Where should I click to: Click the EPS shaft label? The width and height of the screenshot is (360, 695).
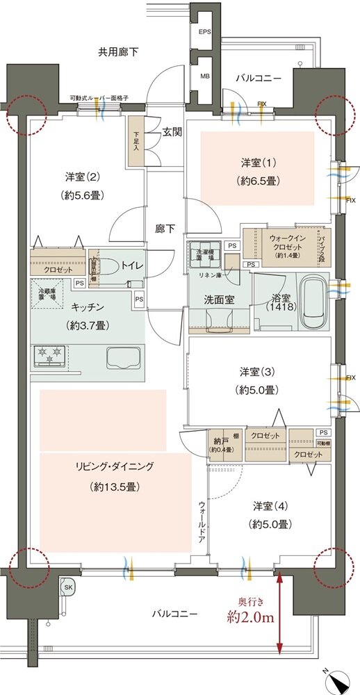point(204,32)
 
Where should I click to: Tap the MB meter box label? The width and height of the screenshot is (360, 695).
point(204,76)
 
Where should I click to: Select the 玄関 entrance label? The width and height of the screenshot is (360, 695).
point(172,131)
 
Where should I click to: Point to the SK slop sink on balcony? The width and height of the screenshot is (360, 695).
point(68,587)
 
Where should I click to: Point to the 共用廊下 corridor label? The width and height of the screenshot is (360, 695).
point(120,51)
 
